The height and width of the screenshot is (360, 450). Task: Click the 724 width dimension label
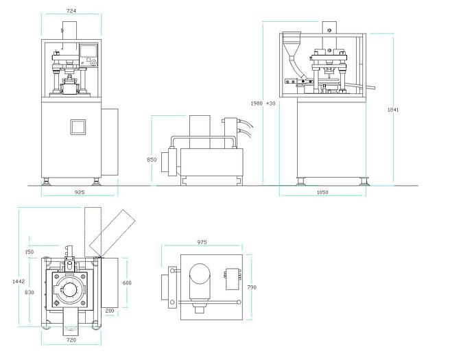[71, 11]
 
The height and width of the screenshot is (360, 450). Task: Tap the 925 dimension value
[80, 192]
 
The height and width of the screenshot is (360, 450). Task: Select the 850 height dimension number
[152, 160]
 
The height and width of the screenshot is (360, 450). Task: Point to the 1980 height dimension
[257, 104]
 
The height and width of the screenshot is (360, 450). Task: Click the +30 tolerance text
[271, 104]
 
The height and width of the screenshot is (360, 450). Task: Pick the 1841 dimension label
[393, 110]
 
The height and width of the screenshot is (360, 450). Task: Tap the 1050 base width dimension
[322, 192]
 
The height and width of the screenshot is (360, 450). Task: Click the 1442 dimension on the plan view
[19, 281]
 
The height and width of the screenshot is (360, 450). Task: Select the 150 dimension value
[29, 252]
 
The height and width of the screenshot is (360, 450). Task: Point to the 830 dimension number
[29, 292]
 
